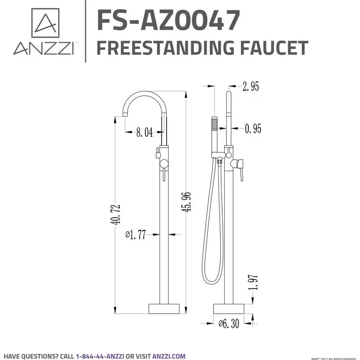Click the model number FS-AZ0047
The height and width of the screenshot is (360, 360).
tap(168, 21)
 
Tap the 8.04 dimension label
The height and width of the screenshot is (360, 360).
tap(145, 133)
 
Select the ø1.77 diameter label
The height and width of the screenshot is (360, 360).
tap(136, 235)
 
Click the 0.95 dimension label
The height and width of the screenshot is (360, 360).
tap(253, 129)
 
